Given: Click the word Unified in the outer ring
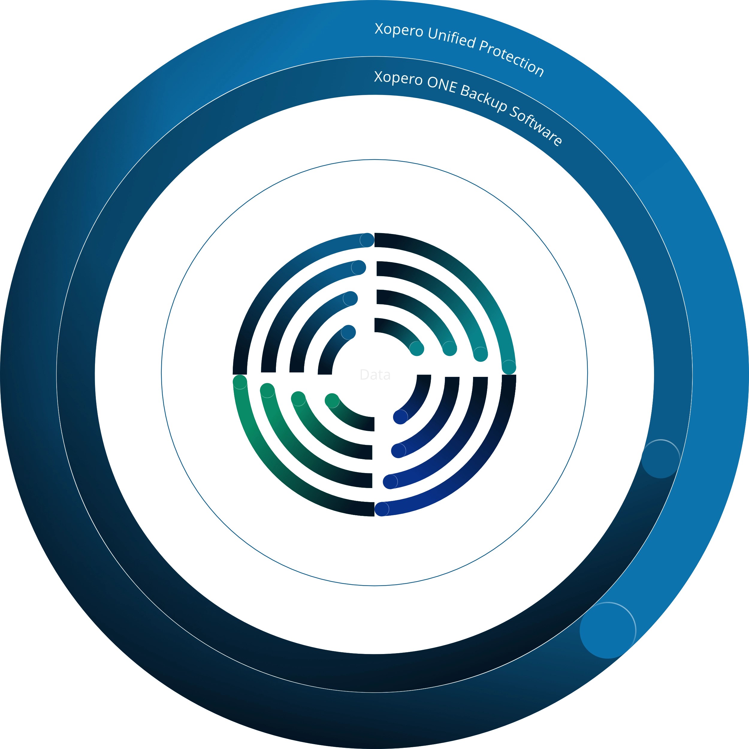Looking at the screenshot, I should [x=452, y=40].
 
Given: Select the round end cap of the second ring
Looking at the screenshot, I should [x=660, y=459].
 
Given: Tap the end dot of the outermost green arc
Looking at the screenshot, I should [x=240, y=382].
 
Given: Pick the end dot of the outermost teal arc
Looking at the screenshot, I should [x=509, y=367].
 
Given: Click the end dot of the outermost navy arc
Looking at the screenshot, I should [x=382, y=509].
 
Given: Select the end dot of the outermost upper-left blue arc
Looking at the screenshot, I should [x=367, y=240].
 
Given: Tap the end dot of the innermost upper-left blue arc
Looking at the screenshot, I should [x=348, y=332].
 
